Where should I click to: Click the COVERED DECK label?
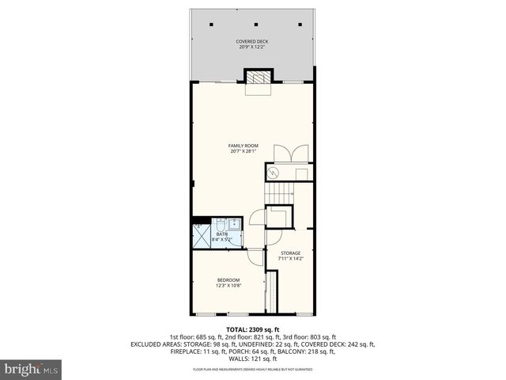[x=252, y=41]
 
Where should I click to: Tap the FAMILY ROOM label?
[x=244, y=146]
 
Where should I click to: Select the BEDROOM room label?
[x=229, y=280]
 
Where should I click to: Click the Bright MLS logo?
[x=31, y=369]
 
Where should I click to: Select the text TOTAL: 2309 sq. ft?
[x=252, y=328]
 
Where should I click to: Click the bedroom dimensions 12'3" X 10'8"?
[x=229, y=286]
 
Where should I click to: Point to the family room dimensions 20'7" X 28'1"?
[x=244, y=151]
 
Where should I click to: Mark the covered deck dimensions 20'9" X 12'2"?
[x=252, y=47]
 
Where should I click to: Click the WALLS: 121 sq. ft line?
[x=252, y=359]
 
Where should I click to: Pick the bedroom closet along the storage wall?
[x=273, y=292]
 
